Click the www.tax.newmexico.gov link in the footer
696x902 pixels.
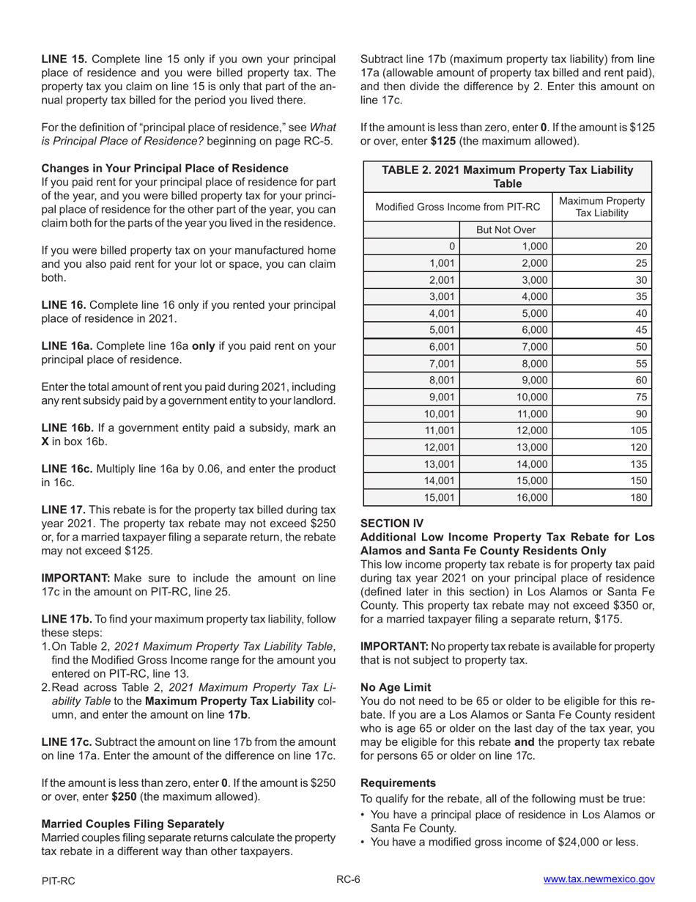599,880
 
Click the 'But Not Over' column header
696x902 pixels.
506,230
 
